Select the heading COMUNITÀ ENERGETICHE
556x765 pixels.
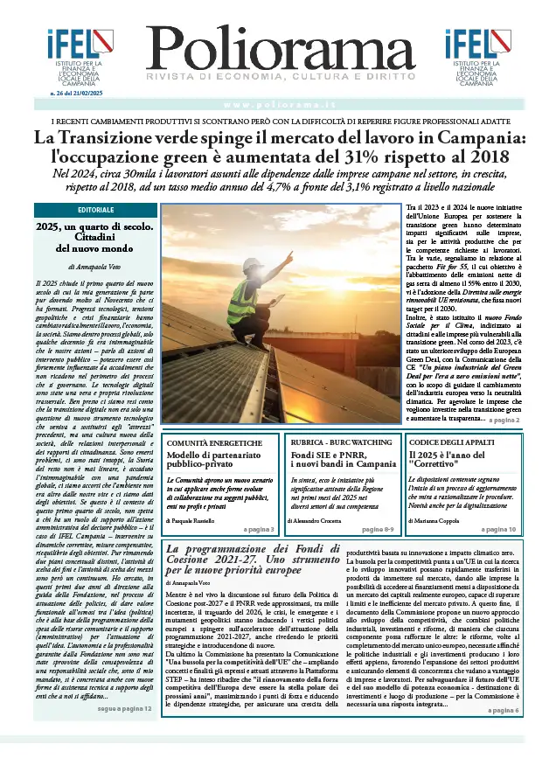coord(207,443)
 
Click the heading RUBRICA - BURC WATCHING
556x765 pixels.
coord(341,443)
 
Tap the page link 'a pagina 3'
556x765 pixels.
coord(259,529)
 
